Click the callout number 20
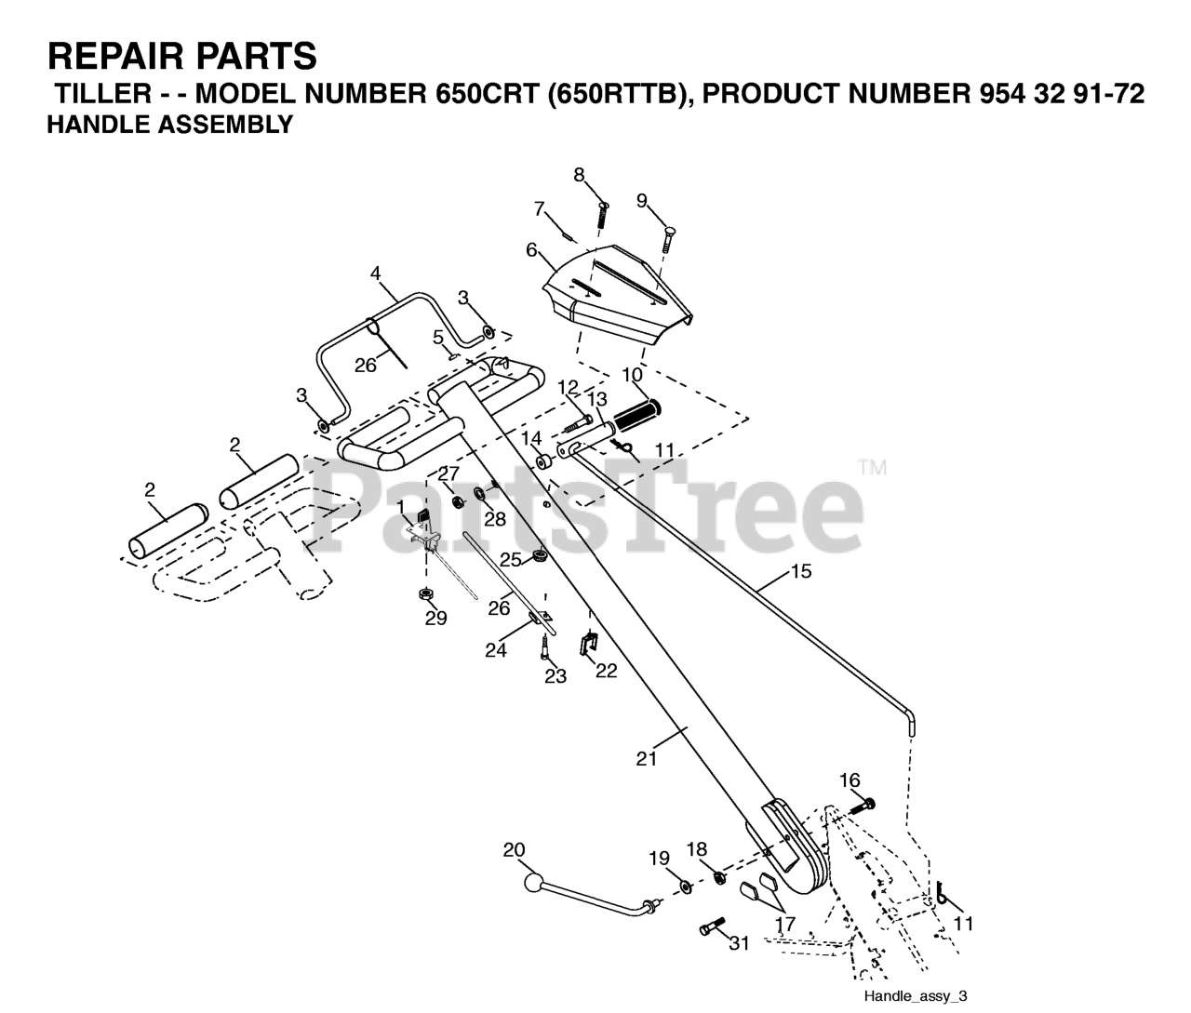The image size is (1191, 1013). click(514, 849)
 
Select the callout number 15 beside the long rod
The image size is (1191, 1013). click(800, 571)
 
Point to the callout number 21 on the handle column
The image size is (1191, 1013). click(647, 758)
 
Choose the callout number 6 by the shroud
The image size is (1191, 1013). click(531, 250)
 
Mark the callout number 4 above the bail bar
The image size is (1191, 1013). click(376, 273)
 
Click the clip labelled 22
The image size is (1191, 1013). click(588, 642)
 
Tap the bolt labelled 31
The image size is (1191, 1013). click(712, 928)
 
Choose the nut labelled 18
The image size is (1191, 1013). click(719, 876)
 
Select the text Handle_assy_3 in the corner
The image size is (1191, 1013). click(916, 996)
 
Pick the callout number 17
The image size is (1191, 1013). click(786, 925)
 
